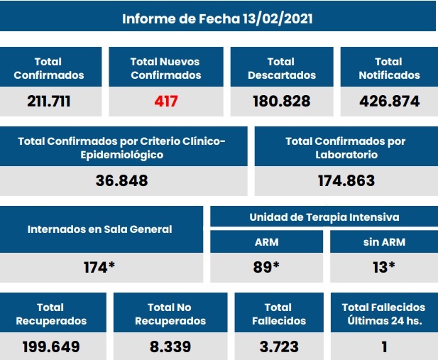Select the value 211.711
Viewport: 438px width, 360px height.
pos(49,101)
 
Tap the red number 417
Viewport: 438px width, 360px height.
pos(165,101)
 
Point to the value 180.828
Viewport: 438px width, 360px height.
pos(281,101)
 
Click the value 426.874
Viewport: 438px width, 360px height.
pos(389,101)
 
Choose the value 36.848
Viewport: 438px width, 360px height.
pos(122,180)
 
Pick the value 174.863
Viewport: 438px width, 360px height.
pos(346,180)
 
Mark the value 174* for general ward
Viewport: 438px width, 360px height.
pos(99,268)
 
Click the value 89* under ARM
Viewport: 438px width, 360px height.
pos(267,268)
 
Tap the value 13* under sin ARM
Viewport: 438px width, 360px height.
pos(384,268)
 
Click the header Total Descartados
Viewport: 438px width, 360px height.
pos(281,68)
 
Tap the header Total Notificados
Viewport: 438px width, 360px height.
pos(389,68)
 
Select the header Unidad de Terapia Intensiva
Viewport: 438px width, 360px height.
pos(324,217)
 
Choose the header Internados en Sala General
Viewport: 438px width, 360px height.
pos(99,229)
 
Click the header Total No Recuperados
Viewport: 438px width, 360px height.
pos(170,314)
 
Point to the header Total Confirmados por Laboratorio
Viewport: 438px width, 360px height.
pos(346,148)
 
